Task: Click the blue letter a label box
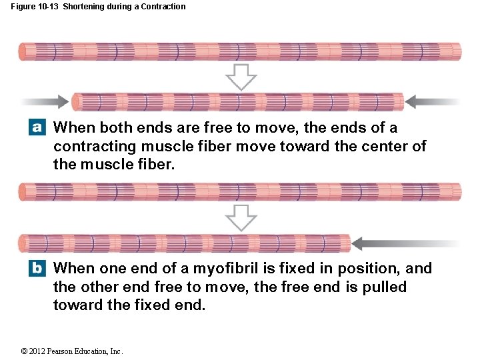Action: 37,127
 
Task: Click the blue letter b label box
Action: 37,268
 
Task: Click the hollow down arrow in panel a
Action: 241,77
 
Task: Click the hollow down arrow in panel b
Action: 241,218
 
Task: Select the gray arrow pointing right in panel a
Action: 45,101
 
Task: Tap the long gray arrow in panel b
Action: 405,244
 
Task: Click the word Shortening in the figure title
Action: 82,7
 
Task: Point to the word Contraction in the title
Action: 163,7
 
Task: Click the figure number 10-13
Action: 48,7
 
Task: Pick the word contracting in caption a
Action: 95,147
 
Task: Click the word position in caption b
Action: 368,269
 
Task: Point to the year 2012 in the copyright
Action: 37,351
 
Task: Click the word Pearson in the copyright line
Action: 59,351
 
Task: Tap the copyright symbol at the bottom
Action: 24,351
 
